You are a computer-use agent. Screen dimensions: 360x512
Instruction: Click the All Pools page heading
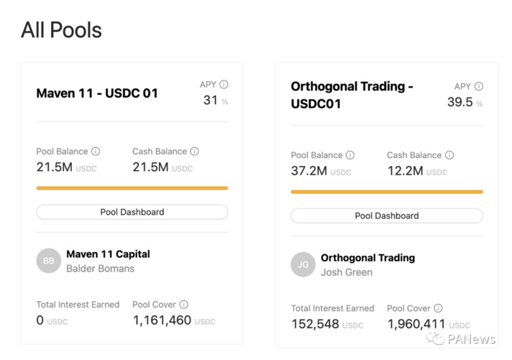click(x=61, y=30)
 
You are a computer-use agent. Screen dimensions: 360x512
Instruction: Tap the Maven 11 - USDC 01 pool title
click(x=97, y=94)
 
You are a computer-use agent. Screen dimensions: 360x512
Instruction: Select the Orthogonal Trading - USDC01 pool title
click(x=352, y=94)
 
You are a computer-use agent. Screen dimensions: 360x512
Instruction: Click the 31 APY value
click(x=211, y=100)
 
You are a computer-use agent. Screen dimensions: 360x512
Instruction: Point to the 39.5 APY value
click(x=460, y=102)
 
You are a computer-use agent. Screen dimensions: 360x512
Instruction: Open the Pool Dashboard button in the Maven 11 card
click(x=132, y=212)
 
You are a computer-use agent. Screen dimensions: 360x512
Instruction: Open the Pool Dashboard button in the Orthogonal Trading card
click(x=387, y=216)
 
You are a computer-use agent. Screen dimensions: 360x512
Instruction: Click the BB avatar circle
click(x=49, y=261)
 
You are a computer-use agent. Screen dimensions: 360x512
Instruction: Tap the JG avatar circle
click(x=303, y=265)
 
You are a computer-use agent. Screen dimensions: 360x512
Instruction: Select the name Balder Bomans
click(x=100, y=268)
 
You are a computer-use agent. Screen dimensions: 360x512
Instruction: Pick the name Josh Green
click(x=347, y=272)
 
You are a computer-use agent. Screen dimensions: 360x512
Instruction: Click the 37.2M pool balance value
click(x=309, y=171)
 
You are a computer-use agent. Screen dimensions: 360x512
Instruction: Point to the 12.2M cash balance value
click(x=405, y=171)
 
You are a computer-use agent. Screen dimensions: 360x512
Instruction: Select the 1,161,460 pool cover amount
click(x=162, y=320)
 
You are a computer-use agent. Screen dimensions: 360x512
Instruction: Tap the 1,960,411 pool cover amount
click(x=417, y=324)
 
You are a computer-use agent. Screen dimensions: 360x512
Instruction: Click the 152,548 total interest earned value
click(x=315, y=324)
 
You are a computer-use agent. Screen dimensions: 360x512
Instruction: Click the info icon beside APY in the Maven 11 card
click(x=223, y=85)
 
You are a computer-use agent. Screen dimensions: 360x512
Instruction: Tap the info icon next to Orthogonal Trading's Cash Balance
click(x=449, y=155)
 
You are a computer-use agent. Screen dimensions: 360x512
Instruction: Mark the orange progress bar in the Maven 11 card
click(x=132, y=188)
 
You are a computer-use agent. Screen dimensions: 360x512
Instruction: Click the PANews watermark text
click(x=471, y=340)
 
